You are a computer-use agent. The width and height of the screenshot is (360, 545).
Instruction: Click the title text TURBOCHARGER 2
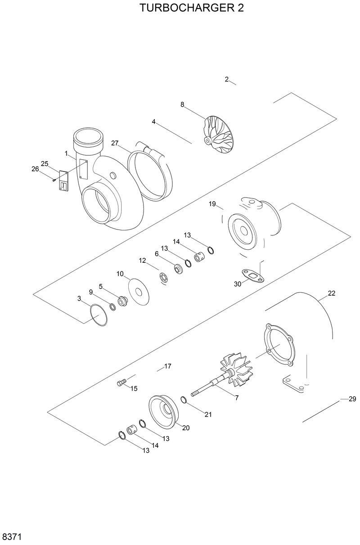192,9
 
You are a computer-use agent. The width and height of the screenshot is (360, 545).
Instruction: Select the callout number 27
115,143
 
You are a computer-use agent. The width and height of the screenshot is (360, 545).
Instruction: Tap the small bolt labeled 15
121,383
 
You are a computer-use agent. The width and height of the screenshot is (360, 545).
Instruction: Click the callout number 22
331,293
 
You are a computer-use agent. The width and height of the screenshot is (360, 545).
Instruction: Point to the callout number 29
352,399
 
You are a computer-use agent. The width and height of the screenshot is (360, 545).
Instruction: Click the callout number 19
212,204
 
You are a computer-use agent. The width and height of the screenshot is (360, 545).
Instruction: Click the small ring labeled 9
112,307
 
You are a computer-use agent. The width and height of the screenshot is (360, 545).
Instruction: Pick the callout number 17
167,366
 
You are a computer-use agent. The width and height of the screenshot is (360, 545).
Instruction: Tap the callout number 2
227,80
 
